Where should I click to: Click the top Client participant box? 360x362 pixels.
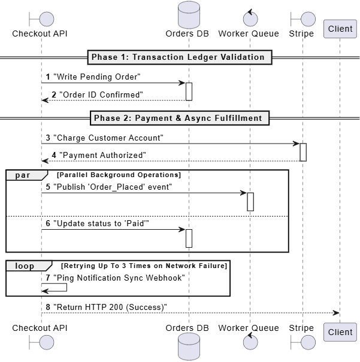click(340, 29)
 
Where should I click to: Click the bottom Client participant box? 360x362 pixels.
click(340, 332)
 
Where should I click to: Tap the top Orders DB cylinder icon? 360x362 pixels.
click(189, 15)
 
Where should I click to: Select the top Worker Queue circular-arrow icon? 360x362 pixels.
click(250, 18)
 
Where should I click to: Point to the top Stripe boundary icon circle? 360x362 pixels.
click(308, 19)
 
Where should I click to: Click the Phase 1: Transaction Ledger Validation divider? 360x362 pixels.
click(180, 57)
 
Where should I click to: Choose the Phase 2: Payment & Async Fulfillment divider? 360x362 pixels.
click(180, 118)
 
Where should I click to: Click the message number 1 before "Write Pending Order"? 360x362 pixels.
click(48, 77)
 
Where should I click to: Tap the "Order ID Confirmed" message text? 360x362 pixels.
click(101, 95)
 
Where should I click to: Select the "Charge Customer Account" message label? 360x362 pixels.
click(108, 138)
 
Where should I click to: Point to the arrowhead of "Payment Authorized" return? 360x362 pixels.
click(45, 161)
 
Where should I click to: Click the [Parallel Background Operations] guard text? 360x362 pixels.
click(119, 175)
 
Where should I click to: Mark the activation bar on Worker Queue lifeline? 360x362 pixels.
click(250, 202)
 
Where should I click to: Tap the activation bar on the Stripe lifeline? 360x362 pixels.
click(303, 152)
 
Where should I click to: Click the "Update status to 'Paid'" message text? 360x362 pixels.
click(101, 223)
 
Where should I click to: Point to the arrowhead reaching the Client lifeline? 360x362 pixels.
click(336, 313)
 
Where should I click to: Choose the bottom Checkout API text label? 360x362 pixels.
click(40, 328)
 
